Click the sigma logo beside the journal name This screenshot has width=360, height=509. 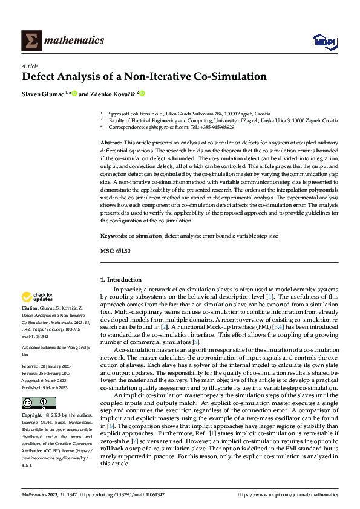31,41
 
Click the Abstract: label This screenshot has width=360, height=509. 112,141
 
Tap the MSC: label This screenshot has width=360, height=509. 106,250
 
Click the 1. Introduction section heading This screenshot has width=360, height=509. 121,280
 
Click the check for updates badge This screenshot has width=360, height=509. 38,297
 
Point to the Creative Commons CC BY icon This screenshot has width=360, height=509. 38,403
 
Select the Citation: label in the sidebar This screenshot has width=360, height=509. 31,308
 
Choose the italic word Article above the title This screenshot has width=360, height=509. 30,65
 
